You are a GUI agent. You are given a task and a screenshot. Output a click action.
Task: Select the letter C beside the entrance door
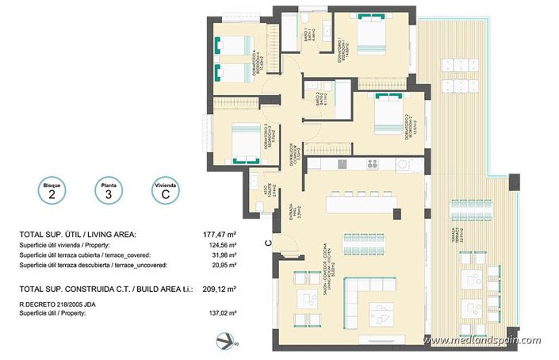click(x=268, y=243)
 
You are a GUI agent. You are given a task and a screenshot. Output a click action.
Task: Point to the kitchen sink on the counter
click(x=342, y=164)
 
